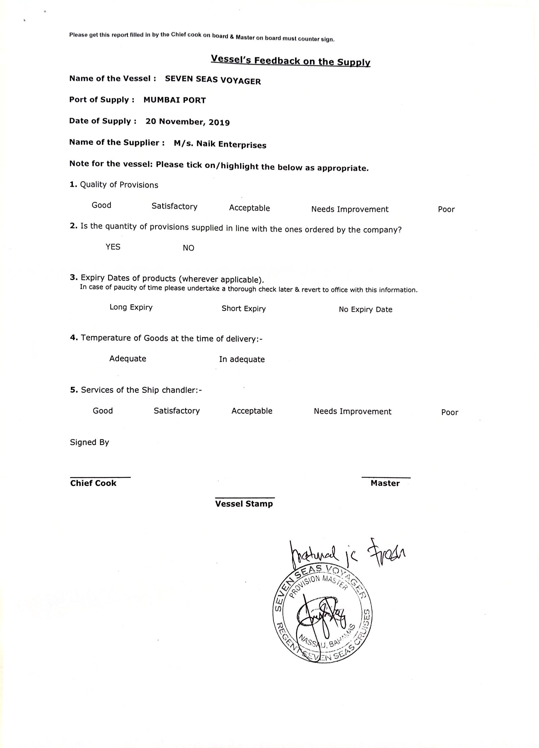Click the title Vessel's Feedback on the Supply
click(290, 61)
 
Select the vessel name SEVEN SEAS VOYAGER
click(213, 80)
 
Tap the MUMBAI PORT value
click(174, 100)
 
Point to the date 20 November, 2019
click(188, 122)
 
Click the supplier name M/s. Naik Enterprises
click(220, 144)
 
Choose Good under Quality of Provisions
click(101, 205)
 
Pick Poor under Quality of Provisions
click(446, 209)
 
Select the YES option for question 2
click(113, 247)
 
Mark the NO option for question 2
click(188, 248)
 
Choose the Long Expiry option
click(131, 307)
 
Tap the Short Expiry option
click(243, 309)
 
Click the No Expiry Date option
click(365, 310)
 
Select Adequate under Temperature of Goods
click(128, 358)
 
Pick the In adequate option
click(242, 359)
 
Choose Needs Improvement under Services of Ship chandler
click(352, 412)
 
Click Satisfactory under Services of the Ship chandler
click(177, 411)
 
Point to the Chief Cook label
click(93, 483)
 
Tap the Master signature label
click(385, 484)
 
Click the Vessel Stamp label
click(244, 504)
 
